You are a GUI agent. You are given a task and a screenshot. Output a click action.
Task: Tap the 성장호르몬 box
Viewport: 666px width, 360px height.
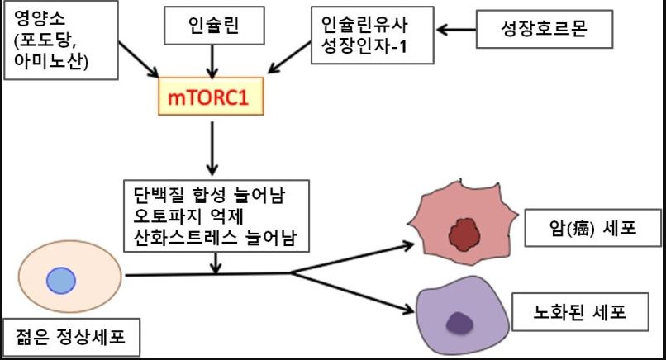pyautogui.click(x=545, y=31)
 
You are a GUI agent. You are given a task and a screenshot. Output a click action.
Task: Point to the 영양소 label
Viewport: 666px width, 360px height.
pyautogui.click(x=25, y=17)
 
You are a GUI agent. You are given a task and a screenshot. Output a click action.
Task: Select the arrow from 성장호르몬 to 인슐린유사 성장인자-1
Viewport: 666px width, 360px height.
pyautogui.click(x=455, y=31)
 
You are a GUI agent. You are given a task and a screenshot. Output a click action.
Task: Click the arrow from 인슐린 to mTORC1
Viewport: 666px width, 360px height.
pyautogui.click(x=215, y=61)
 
